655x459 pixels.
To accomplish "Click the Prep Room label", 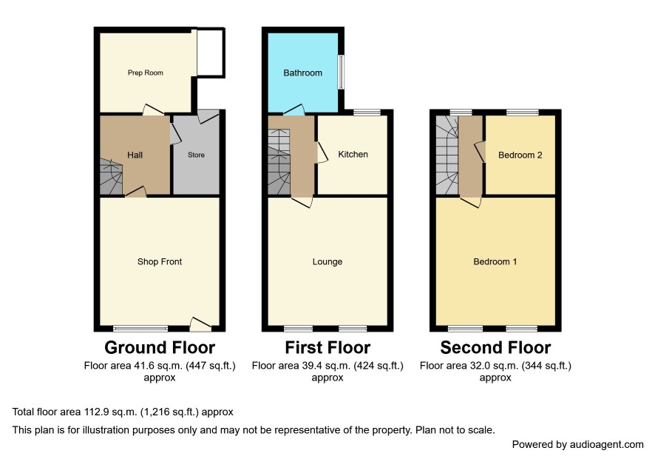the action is (x=146, y=73).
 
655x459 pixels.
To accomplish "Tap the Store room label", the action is (x=196, y=155).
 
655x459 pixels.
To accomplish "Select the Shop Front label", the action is (x=160, y=262).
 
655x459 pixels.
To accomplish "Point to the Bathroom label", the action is (x=303, y=73).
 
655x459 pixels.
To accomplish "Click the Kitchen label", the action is (x=353, y=155).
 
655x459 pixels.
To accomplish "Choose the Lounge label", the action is (x=327, y=262).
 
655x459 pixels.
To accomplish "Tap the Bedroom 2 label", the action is (x=520, y=155).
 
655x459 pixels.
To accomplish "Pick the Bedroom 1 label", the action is (x=495, y=262).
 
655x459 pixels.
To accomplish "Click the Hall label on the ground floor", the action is (x=135, y=155).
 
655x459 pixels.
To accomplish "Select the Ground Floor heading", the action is (x=160, y=348).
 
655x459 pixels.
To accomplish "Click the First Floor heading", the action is (x=327, y=348).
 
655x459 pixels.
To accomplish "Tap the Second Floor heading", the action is (x=495, y=348).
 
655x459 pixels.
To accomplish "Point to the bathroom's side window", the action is (x=342, y=72).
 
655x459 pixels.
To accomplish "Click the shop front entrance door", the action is (x=200, y=325).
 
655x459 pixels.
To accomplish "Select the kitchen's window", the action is (x=367, y=112).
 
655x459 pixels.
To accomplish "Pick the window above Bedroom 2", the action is (x=522, y=112).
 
